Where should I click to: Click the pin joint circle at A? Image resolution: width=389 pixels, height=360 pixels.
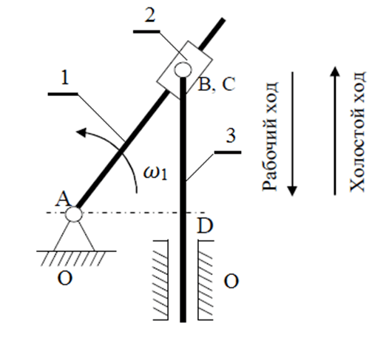[73, 214]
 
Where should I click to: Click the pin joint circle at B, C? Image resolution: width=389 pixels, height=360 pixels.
[183, 69]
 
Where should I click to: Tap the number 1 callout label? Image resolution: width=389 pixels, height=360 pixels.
[65, 78]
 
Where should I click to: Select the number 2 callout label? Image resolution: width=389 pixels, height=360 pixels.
[150, 16]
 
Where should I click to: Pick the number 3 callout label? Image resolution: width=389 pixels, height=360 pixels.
[231, 135]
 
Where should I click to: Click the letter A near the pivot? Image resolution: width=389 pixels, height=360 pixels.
[63, 200]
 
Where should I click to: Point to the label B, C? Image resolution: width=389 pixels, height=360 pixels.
[217, 84]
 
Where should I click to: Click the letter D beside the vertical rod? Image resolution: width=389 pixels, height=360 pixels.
[205, 225]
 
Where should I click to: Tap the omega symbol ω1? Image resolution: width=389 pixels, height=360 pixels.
[155, 172]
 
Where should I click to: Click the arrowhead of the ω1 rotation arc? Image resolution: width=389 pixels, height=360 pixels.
[81, 132]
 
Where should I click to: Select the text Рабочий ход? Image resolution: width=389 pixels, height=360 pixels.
[270, 136]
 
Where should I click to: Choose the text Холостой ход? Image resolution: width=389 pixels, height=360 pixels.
[357, 132]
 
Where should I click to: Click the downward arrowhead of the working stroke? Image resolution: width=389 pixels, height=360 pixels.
[292, 191]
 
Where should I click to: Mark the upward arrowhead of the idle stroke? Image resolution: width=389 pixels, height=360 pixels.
[335, 71]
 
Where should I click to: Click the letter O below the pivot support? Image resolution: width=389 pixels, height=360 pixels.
[65, 278]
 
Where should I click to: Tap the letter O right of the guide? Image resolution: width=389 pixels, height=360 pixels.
[231, 282]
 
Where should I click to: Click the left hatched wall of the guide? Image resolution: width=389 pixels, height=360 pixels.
[160, 280]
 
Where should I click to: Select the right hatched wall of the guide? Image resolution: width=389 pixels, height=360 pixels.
[206, 280]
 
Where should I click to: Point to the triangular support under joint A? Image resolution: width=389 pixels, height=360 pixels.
[74, 236]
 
